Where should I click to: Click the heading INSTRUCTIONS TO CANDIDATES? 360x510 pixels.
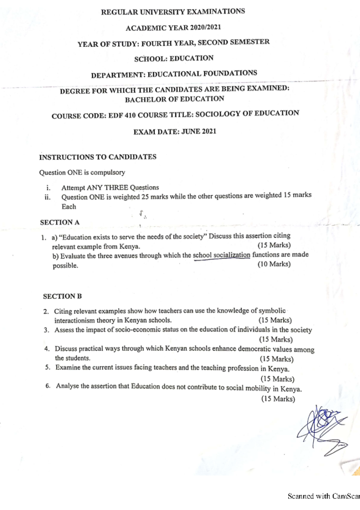98,157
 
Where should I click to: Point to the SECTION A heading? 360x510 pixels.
60,222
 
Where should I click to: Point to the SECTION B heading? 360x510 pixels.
62,296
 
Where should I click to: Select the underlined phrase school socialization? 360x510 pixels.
222,255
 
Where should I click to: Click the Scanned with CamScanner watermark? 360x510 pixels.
324,496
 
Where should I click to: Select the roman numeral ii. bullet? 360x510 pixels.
48,197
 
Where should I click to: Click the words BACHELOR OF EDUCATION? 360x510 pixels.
175,99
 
